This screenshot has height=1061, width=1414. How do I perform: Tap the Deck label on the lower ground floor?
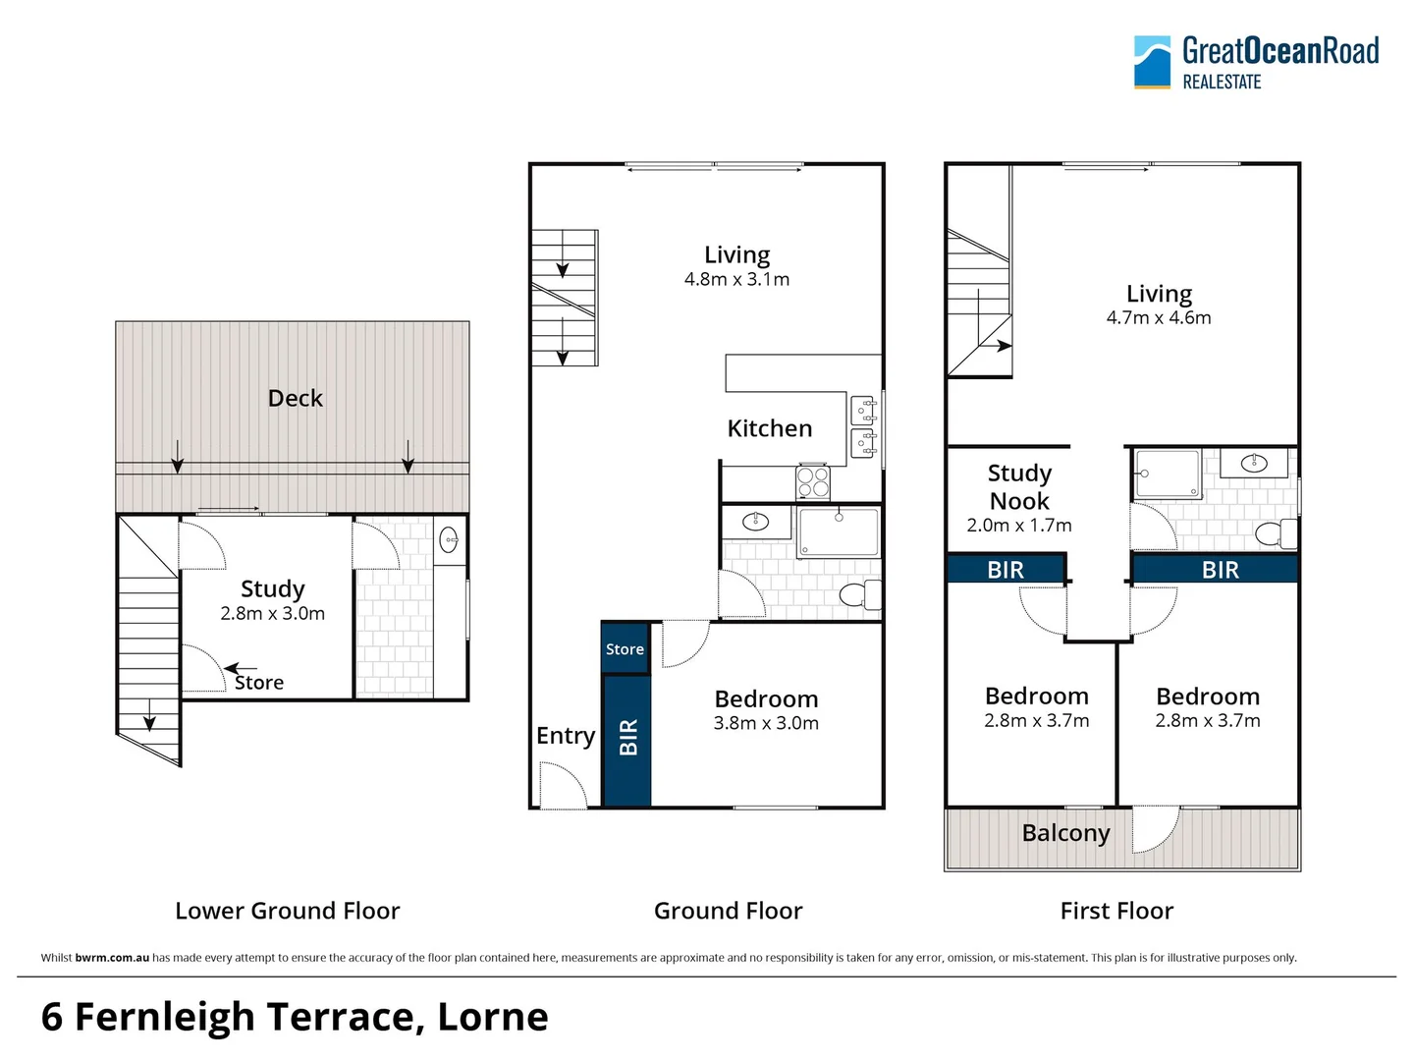[295, 398]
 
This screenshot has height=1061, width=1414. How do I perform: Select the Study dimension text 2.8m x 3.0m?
[272, 614]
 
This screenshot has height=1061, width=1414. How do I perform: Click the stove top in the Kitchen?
[812, 482]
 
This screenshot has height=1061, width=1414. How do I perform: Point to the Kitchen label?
[769, 428]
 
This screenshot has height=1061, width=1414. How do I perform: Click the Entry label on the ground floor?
[565, 736]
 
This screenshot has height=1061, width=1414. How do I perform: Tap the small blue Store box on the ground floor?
[625, 649]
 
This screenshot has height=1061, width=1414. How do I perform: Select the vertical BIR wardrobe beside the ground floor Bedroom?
[627, 739]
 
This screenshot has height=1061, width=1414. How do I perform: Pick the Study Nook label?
[1019, 487]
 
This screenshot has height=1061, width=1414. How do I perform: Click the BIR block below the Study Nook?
[1006, 570]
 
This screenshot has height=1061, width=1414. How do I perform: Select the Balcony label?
[1065, 833]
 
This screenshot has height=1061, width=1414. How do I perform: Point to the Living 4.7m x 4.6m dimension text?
[1159, 318]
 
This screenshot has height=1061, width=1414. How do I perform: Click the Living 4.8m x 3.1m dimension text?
[736, 280]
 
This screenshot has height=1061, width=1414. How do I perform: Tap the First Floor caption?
[1116, 911]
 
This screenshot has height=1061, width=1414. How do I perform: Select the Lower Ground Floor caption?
[287, 911]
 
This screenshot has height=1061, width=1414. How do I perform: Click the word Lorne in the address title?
[493, 1017]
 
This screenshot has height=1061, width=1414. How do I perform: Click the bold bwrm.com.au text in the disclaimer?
[112, 958]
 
